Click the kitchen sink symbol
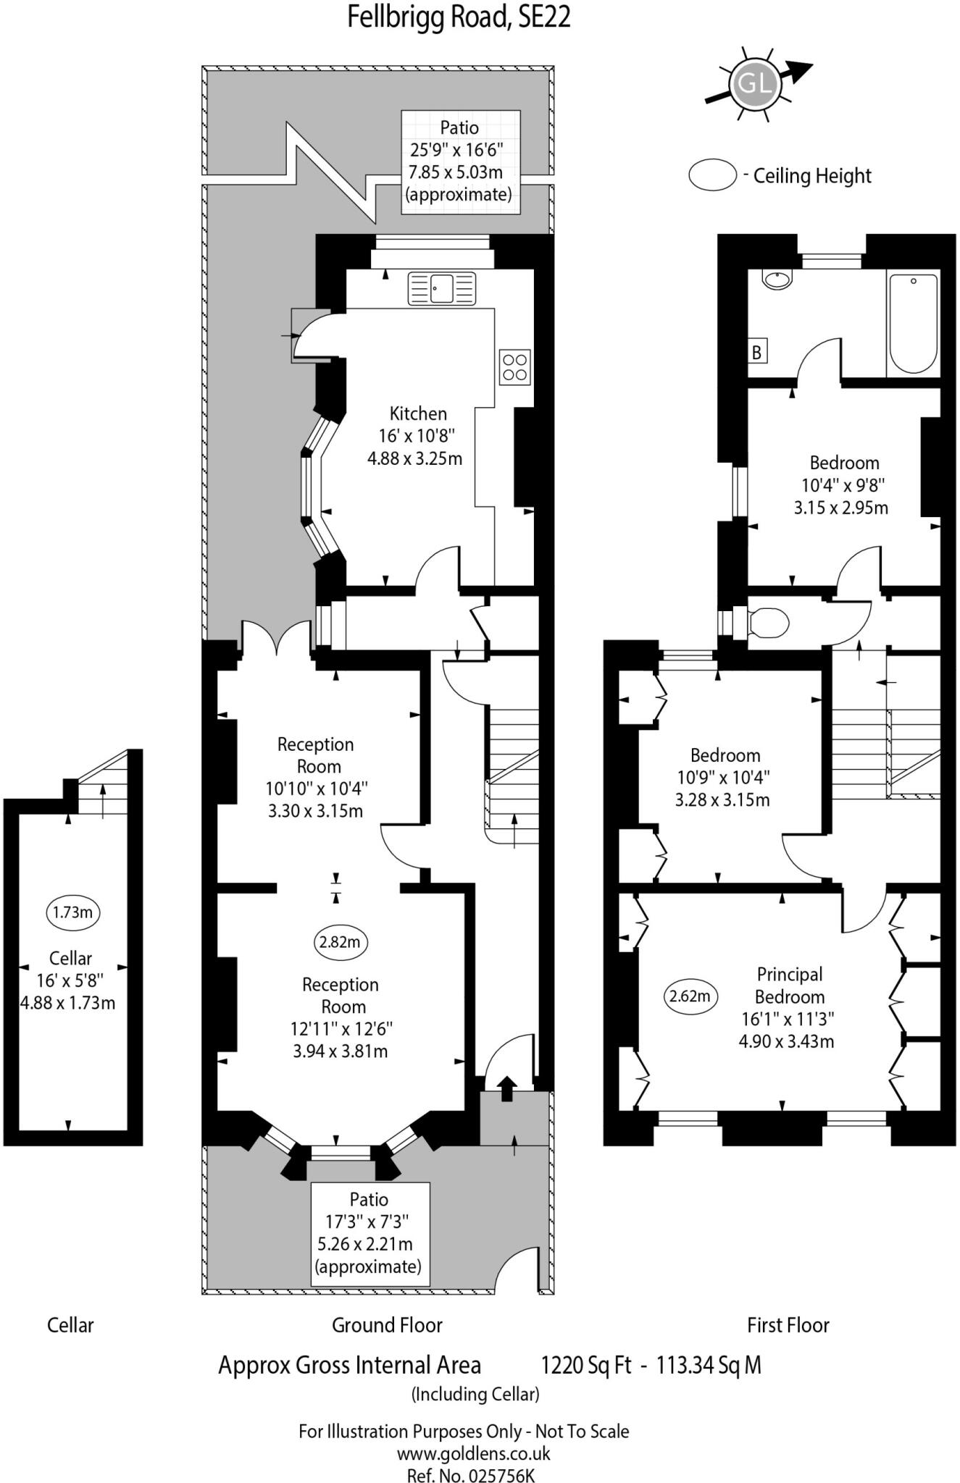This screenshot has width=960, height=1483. (442, 288)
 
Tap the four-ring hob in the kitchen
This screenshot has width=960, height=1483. (514, 367)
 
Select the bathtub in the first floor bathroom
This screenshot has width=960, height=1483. (913, 323)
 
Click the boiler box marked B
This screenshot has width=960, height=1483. (757, 353)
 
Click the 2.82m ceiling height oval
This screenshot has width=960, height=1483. (340, 941)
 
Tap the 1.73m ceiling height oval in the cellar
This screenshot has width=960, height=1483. (72, 912)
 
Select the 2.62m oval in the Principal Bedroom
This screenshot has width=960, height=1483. (690, 996)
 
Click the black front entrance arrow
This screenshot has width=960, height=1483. (506, 1088)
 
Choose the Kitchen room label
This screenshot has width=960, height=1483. (418, 413)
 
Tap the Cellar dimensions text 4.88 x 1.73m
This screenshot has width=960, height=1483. (67, 1003)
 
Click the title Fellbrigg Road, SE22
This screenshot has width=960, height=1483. (459, 17)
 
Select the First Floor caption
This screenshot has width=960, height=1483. (788, 1325)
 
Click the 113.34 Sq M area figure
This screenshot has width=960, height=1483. (708, 1365)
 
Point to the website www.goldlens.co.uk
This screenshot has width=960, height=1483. (473, 1453)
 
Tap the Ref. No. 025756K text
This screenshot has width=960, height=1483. (471, 1474)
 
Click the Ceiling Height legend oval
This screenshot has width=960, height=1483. (712, 175)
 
